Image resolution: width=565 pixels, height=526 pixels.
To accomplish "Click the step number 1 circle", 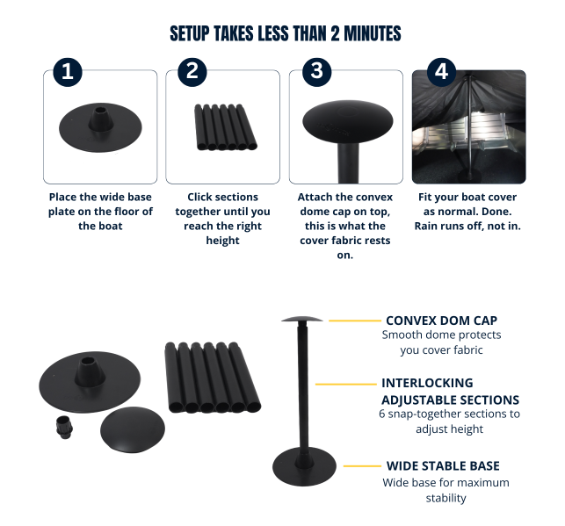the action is pos(68,72).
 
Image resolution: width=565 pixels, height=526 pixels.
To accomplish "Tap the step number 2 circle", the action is pos(192,72).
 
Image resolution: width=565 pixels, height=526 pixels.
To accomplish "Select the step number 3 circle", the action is pos(316,72).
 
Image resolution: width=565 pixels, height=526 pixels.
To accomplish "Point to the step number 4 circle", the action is pos(441,72).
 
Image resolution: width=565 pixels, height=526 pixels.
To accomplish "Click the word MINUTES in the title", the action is pos(373,33).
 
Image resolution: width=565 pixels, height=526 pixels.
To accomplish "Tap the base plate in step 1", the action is pos(100,127).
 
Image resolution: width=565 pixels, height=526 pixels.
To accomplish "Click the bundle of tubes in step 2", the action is pos(226,126).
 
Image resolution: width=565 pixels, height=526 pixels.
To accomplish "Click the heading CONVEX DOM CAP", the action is pos(441,321).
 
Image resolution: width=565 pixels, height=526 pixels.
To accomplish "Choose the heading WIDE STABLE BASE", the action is pos(443,466).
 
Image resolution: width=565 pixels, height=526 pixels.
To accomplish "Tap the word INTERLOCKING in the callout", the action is pos(427,383).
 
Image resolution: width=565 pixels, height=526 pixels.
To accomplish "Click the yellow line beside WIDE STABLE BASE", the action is pos(362,466).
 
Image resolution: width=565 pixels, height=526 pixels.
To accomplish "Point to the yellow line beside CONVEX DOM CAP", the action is pos(355,321).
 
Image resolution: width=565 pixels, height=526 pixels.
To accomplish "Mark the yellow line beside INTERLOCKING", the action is pos(346,384).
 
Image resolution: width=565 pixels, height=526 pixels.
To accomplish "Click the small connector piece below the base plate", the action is pos(64,427).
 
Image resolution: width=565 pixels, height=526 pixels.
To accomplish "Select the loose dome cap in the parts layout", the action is pos(132,429).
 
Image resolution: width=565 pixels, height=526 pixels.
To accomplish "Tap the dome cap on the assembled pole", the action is pos(302,319).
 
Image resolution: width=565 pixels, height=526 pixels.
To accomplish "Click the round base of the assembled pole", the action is pos(304,467).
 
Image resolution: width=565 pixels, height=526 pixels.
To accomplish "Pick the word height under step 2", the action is pos(222,240).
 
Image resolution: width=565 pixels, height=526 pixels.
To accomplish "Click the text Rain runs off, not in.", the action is pos(467,226).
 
